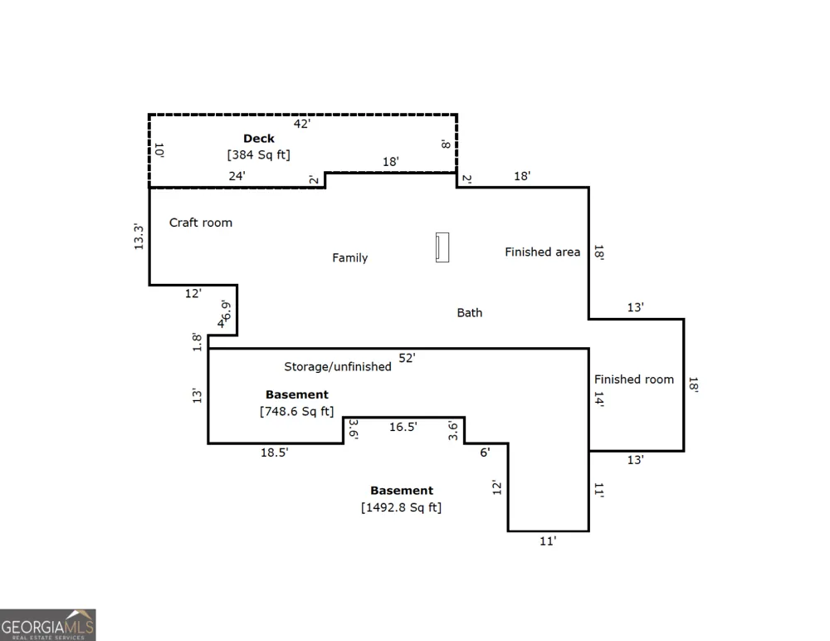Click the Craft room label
click(201, 223)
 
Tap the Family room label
click(350, 257)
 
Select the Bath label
click(470, 312)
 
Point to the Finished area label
click(543, 252)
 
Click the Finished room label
click(634, 379)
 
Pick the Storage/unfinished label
click(338, 367)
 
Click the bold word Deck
click(259, 139)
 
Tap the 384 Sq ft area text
click(259, 154)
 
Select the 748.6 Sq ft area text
click(297, 411)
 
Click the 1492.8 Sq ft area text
click(401, 507)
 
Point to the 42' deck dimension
click(302, 124)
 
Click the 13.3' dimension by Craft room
click(139, 237)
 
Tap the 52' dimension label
click(407, 358)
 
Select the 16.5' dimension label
click(403, 427)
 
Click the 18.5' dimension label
click(275, 453)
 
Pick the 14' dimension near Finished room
click(598, 399)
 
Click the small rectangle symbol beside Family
click(442, 247)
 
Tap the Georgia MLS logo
click(47, 625)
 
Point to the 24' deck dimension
click(237, 176)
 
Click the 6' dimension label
click(486, 453)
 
